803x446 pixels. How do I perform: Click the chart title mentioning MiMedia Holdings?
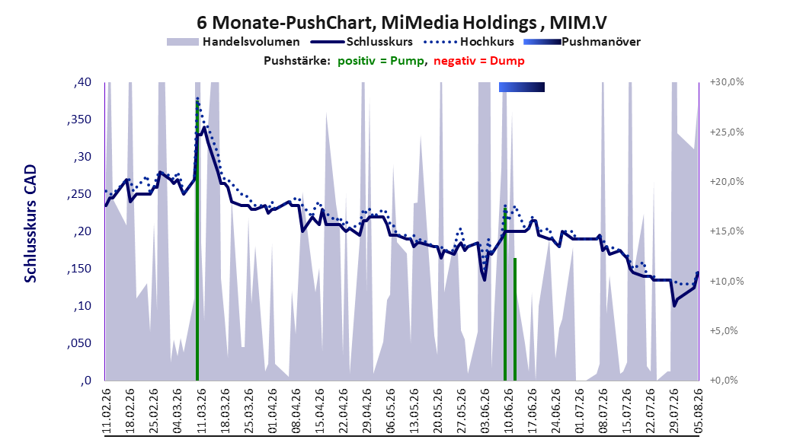pos(401,22)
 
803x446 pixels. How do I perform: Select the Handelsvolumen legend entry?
pos(234,42)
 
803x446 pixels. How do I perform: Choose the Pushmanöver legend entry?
pos(582,42)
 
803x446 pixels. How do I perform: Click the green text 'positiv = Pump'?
pos(380,61)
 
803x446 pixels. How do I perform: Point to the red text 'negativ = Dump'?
pos(479,61)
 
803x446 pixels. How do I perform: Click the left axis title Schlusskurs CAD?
pos(30,223)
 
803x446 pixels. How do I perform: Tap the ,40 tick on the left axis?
pos(82,82)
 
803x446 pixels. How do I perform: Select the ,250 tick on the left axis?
pos(79,194)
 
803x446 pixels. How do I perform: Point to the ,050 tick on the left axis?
pos(79,342)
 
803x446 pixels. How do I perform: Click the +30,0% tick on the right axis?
pos(727,82)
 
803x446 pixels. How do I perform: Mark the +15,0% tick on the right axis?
pos(727,231)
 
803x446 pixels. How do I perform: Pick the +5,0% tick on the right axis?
pos(724,330)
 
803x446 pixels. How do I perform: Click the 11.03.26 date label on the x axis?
pos(201,411)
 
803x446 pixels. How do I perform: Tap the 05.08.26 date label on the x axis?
pos(698,411)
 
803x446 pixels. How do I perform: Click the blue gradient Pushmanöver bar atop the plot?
pos(522,87)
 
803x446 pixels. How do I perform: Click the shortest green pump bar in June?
pos(515,320)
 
